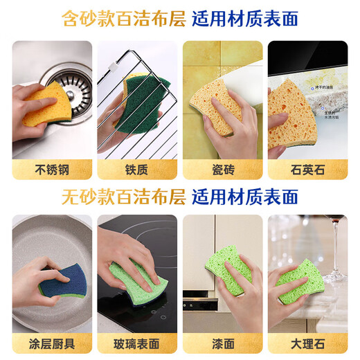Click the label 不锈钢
pos(51,169)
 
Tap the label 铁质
pos(137,169)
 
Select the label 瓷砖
pos(222,169)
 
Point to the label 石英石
pos(307,169)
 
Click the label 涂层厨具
pos(51,343)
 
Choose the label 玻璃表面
pos(137,343)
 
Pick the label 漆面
pos(222,343)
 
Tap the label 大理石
pos(307,343)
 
